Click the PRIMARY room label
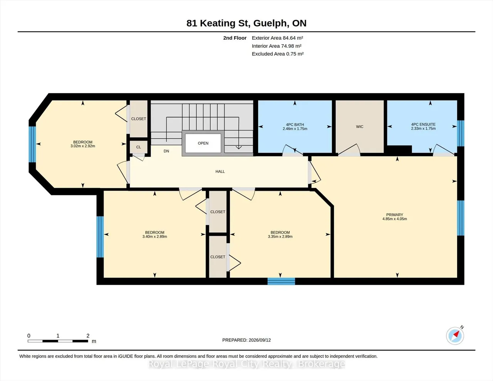point(394,215)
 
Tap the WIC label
point(360,127)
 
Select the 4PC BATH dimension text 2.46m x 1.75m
point(295,129)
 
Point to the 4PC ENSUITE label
point(423,124)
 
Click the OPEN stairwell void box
point(203,143)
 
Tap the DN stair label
point(166,151)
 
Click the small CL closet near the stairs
point(139,147)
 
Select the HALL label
point(220,171)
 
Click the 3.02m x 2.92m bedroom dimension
point(83,146)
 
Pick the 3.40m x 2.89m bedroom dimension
point(155,237)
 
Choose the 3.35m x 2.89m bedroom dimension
point(280,237)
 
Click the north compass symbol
point(455,336)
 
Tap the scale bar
point(58,341)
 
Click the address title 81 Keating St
point(218,23)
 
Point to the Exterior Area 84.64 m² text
point(277,38)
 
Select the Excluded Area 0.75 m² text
point(278,54)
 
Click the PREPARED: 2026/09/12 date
point(246,340)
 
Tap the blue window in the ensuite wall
point(461,133)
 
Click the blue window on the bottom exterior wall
point(281,281)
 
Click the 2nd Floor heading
point(235,38)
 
